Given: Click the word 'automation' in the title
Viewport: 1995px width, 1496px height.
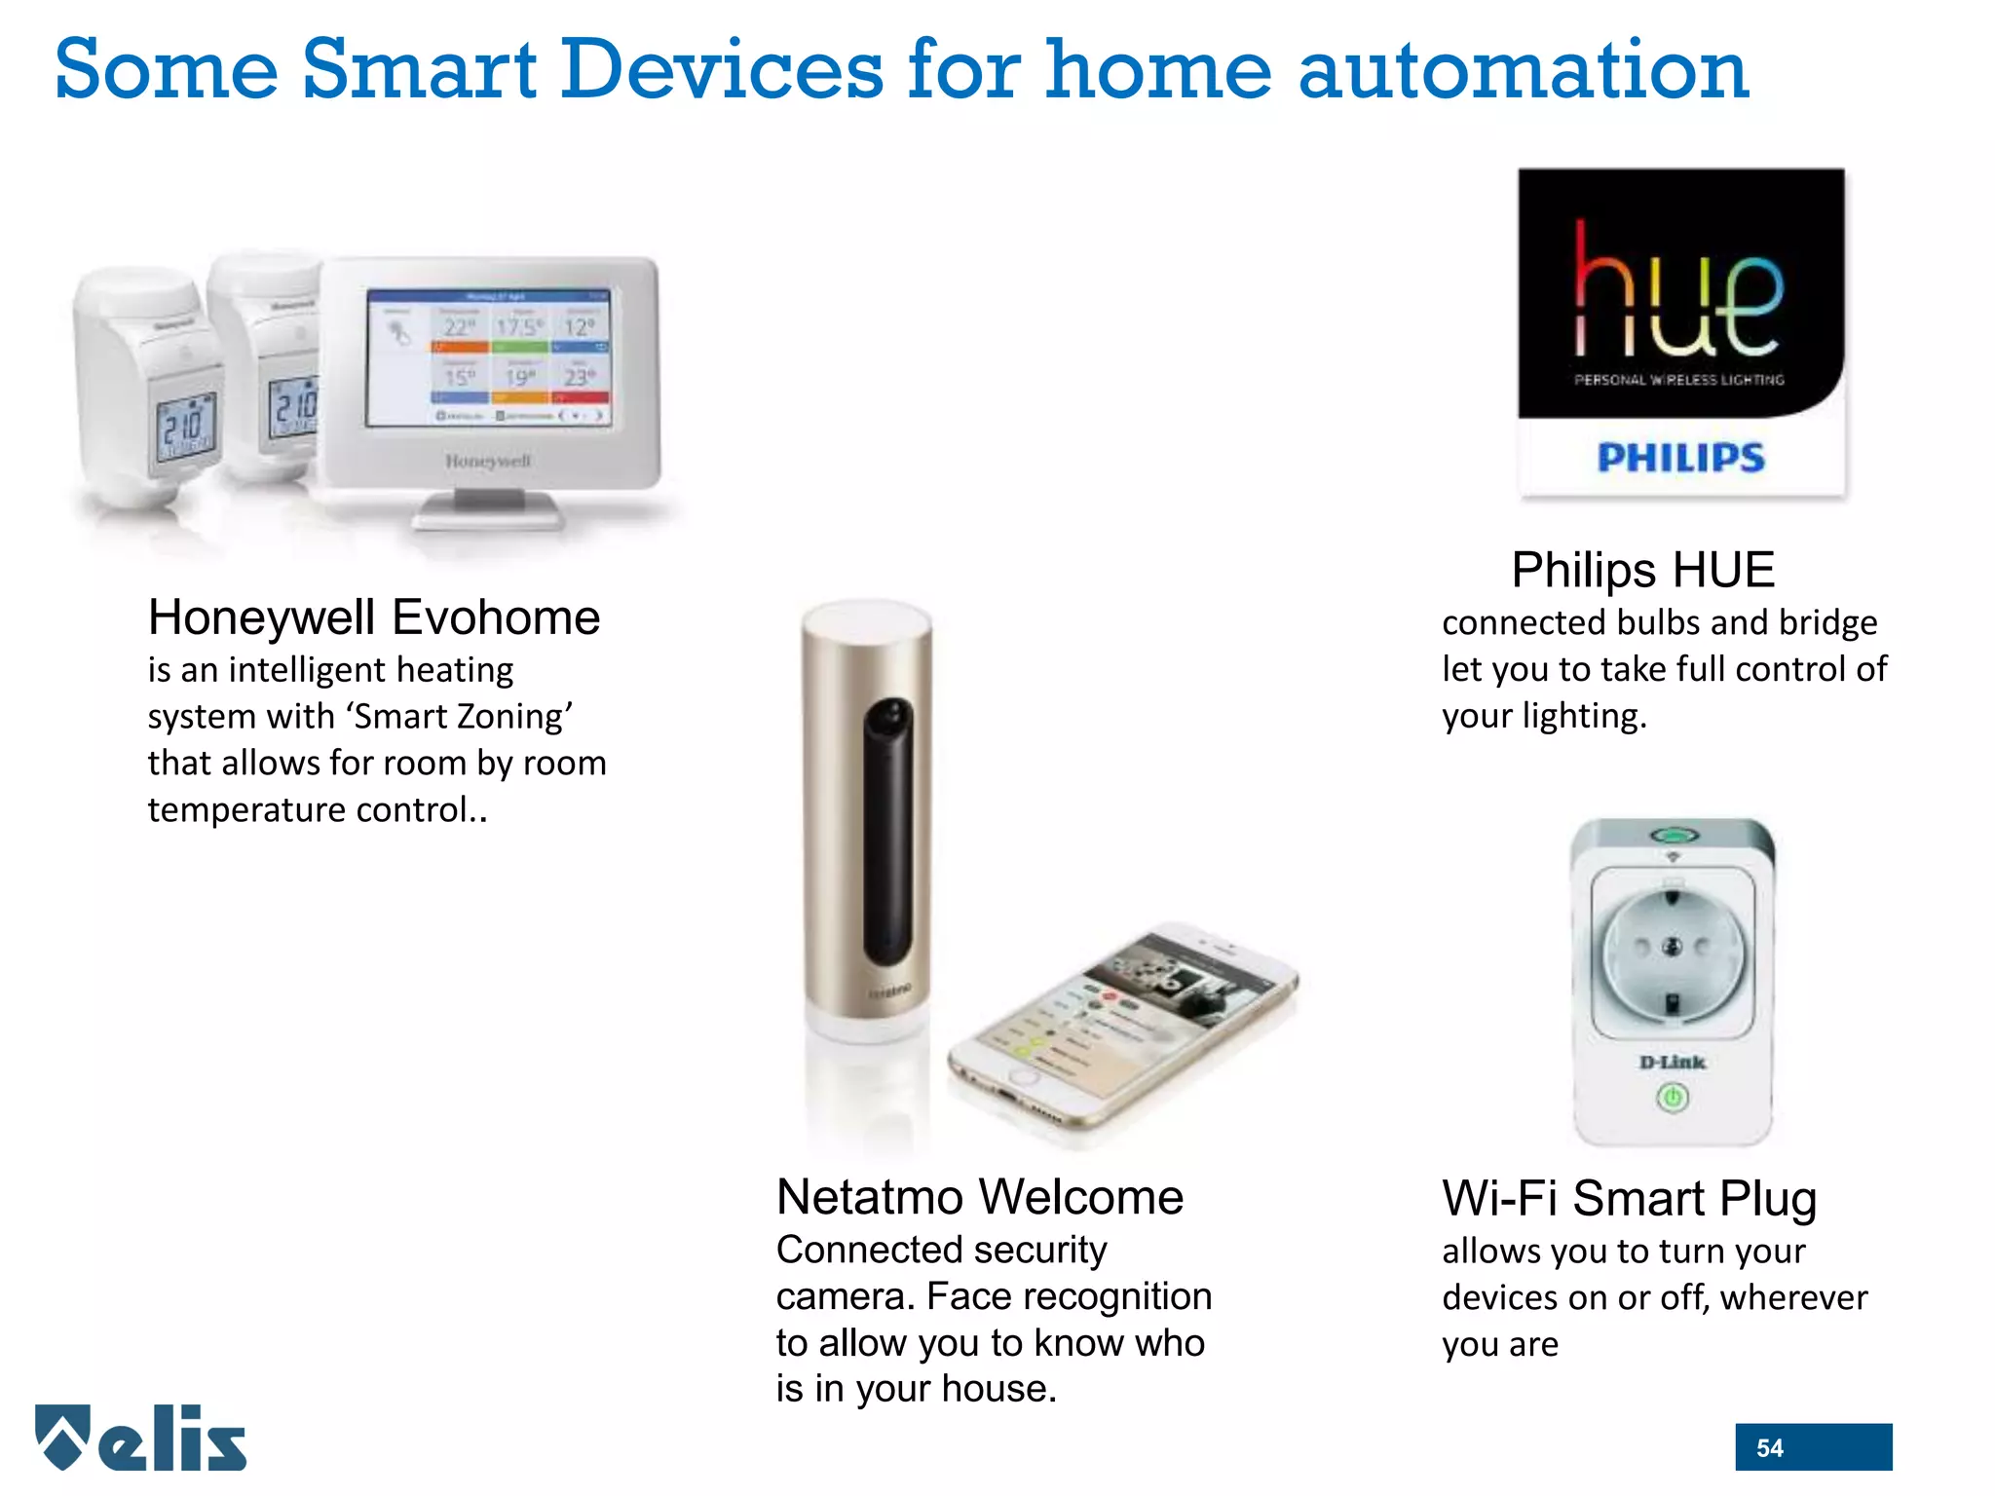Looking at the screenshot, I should click(x=1524, y=70).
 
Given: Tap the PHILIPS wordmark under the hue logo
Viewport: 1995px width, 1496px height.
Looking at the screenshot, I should click(x=1680, y=457).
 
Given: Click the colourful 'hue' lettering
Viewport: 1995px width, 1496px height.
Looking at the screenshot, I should click(x=1678, y=290).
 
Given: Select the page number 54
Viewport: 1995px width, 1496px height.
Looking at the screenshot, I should click(x=1770, y=1448).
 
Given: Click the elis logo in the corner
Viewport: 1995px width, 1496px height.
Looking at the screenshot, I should click(x=141, y=1438).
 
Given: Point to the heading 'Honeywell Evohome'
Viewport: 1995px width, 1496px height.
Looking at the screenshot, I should click(x=374, y=617).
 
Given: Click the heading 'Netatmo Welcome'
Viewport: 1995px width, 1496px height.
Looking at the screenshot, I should click(x=979, y=1197).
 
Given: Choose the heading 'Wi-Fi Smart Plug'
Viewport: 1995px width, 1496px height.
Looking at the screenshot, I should click(x=1629, y=1199).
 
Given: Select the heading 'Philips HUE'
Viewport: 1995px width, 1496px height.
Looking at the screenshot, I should click(x=1643, y=570).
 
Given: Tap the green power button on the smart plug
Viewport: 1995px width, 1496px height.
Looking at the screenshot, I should click(x=1673, y=1100).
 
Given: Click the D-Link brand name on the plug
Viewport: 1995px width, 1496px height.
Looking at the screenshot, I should click(x=1673, y=1063).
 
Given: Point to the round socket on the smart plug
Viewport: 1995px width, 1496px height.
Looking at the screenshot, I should click(x=1672, y=950).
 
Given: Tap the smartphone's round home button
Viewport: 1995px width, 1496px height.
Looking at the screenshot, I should click(x=1023, y=1077).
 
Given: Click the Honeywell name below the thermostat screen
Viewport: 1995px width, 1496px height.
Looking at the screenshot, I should click(x=488, y=461).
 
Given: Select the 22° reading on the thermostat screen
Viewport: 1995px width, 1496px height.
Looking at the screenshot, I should click(x=460, y=326).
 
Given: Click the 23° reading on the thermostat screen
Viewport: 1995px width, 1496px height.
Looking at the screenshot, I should click(x=580, y=376).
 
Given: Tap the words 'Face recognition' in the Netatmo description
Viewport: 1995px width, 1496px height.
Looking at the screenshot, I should click(x=1069, y=1296).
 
